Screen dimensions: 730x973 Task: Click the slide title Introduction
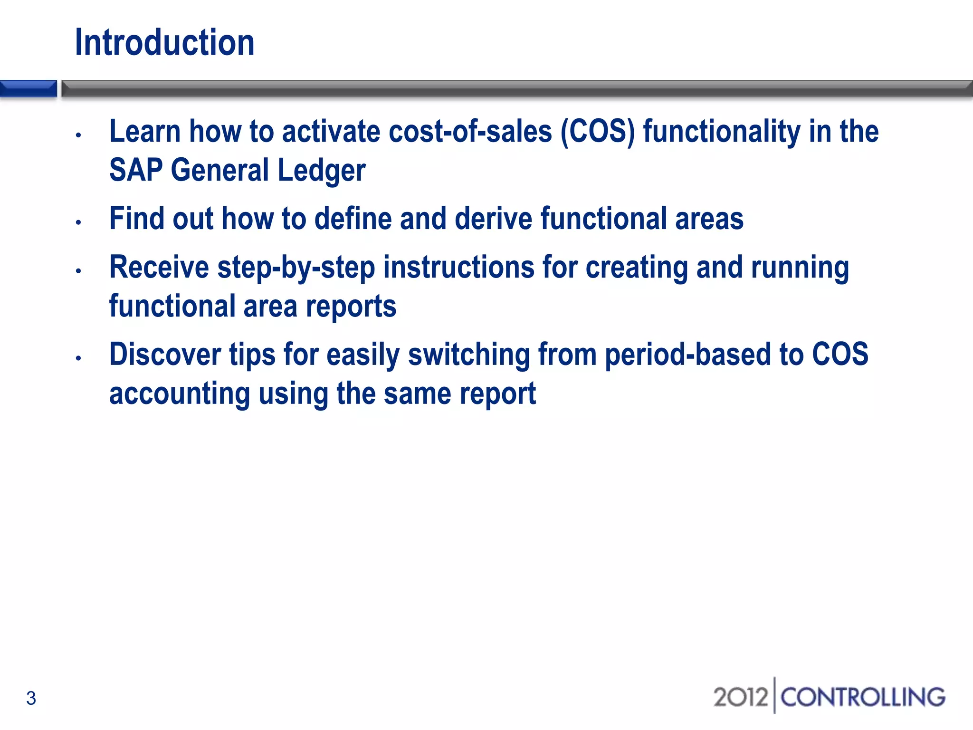click(x=164, y=43)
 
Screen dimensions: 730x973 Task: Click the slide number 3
click(x=31, y=698)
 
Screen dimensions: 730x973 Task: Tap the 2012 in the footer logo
click(x=740, y=697)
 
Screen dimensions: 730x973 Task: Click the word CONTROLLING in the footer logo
click(x=863, y=697)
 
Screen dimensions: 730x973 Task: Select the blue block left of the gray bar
click(x=29, y=88)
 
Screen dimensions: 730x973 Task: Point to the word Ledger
click(x=321, y=171)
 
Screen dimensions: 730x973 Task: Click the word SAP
click(x=136, y=171)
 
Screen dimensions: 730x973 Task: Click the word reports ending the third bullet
click(x=351, y=307)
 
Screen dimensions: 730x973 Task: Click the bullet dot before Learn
click(x=79, y=135)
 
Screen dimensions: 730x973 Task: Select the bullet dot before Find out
click(x=79, y=222)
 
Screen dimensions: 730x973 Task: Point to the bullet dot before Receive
click(x=79, y=271)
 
